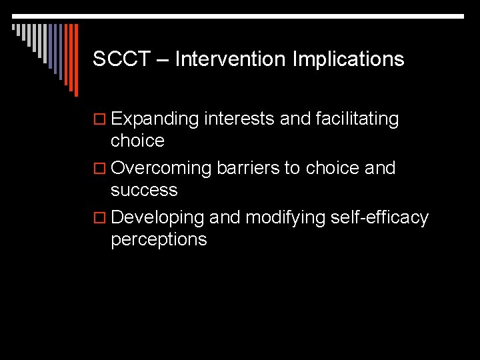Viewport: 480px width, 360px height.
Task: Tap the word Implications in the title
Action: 349,59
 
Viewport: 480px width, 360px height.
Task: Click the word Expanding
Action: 155,120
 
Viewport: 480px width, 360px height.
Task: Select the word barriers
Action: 248,169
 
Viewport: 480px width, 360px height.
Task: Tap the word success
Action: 144,191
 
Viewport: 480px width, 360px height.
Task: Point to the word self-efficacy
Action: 382,218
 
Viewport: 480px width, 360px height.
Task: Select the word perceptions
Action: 159,240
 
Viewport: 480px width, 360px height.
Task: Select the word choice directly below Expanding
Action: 137,141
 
